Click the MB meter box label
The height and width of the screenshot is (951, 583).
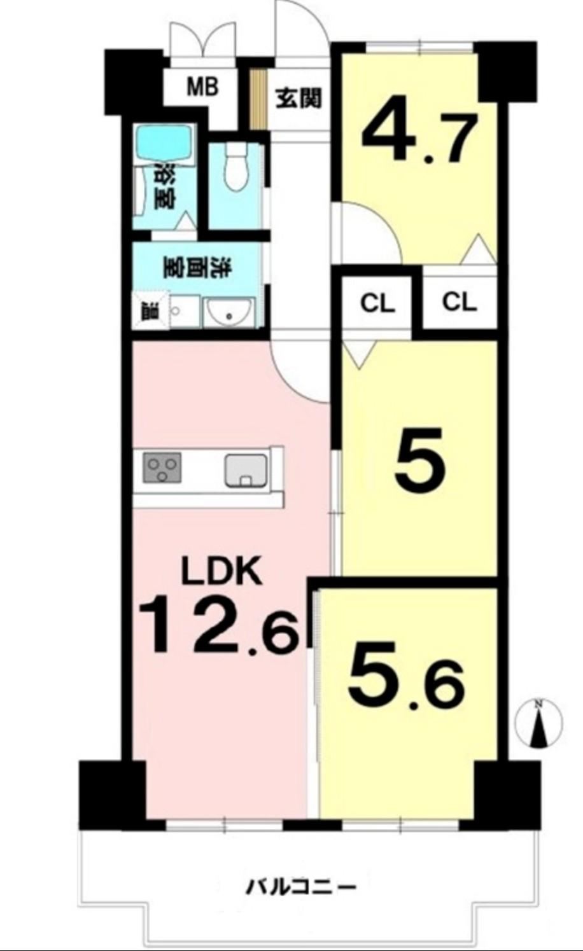203,87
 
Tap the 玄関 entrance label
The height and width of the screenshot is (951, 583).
299,99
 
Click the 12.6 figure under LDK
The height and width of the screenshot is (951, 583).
218,623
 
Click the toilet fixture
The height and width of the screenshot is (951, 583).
236,166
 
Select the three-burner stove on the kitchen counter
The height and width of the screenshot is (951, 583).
163,468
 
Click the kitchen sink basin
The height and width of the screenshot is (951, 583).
246,469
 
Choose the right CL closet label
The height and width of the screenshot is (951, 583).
460,303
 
